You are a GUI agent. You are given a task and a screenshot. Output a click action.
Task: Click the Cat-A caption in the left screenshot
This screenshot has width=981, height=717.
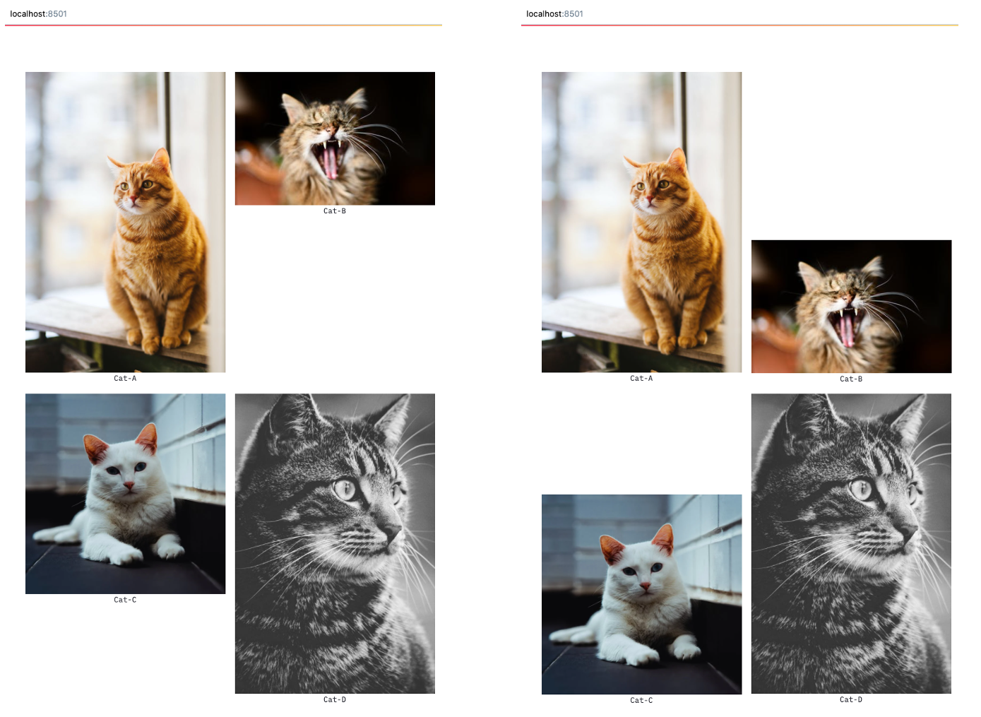[x=125, y=379]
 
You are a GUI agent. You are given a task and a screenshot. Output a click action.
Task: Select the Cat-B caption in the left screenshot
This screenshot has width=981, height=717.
[x=335, y=211]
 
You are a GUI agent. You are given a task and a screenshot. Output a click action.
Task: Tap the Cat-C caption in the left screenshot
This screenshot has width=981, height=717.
[x=125, y=600]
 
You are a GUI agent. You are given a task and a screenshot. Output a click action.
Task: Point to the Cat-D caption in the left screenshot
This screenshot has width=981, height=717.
[x=335, y=700]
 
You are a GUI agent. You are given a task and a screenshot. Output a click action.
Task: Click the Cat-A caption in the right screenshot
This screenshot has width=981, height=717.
[x=641, y=379]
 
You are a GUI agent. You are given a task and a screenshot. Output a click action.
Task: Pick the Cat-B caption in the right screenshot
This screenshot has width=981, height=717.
[x=851, y=379]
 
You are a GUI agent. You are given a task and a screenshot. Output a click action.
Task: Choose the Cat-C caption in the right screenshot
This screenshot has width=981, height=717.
[x=641, y=701]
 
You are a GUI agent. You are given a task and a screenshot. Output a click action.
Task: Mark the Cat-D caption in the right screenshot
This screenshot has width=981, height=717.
[x=851, y=700]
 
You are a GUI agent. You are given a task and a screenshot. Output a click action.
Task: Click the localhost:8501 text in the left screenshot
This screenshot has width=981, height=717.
[x=38, y=14]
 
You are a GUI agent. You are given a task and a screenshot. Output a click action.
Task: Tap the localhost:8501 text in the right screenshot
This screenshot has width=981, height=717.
[x=554, y=14]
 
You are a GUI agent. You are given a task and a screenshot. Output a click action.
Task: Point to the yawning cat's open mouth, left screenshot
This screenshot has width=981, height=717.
[x=329, y=160]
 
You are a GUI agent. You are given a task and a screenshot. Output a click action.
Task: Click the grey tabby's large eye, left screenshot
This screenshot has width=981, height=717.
[x=345, y=488]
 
